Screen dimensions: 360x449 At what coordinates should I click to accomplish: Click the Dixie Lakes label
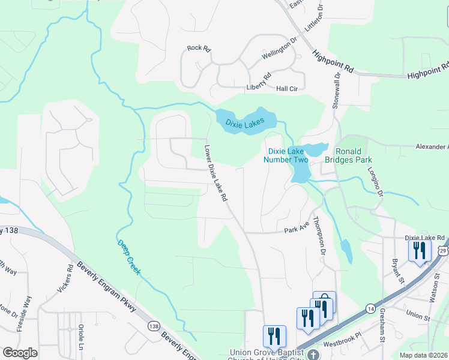pyautogui.click(x=245, y=122)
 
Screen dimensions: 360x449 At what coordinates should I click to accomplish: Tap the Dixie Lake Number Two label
pyautogui.click(x=288, y=155)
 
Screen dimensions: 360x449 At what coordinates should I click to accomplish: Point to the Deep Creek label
pyautogui.click(x=129, y=257)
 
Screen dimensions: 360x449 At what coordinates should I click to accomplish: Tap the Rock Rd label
pyautogui.click(x=199, y=48)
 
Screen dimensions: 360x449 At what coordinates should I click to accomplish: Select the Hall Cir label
pyautogui.click(x=287, y=89)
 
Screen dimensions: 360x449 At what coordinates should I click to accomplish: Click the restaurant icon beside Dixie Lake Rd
pyautogui.click(x=419, y=250)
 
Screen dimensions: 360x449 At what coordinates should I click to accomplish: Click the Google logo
pyautogui.click(x=20, y=353)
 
